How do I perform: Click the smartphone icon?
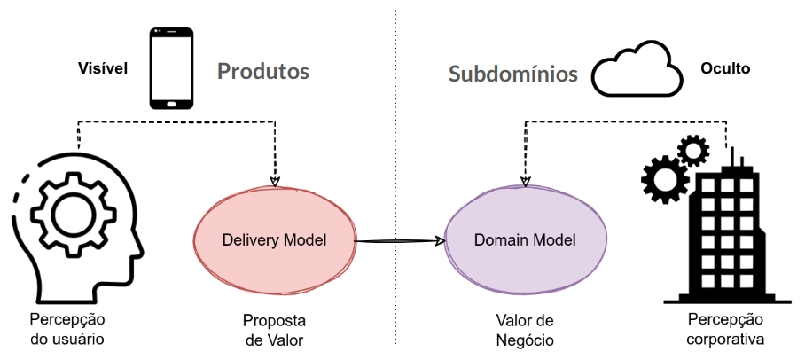(172, 68)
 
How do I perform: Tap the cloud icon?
(638, 71)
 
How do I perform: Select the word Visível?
(103, 67)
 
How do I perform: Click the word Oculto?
(725, 67)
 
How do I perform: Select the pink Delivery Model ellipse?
(273, 239)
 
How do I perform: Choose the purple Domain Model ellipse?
(525, 240)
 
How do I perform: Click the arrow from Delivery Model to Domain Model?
(399, 239)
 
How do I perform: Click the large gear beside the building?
(664, 179)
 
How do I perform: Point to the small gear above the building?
(692, 151)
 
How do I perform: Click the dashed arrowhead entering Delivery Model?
(274, 176)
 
